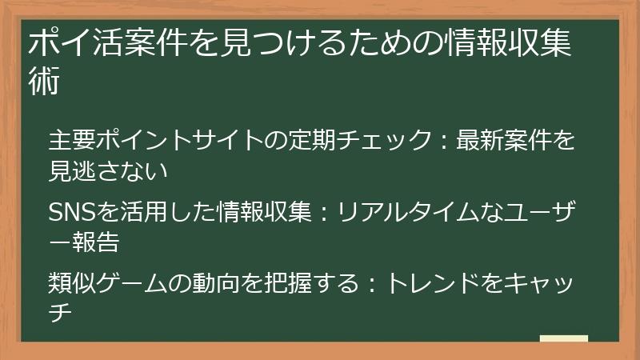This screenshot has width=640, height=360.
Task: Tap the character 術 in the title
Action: click(x=45, y=82)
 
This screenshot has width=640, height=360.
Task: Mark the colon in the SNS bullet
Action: click(x=325, y=213)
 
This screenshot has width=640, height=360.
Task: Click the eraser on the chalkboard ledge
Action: click(x=563, y=340)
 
